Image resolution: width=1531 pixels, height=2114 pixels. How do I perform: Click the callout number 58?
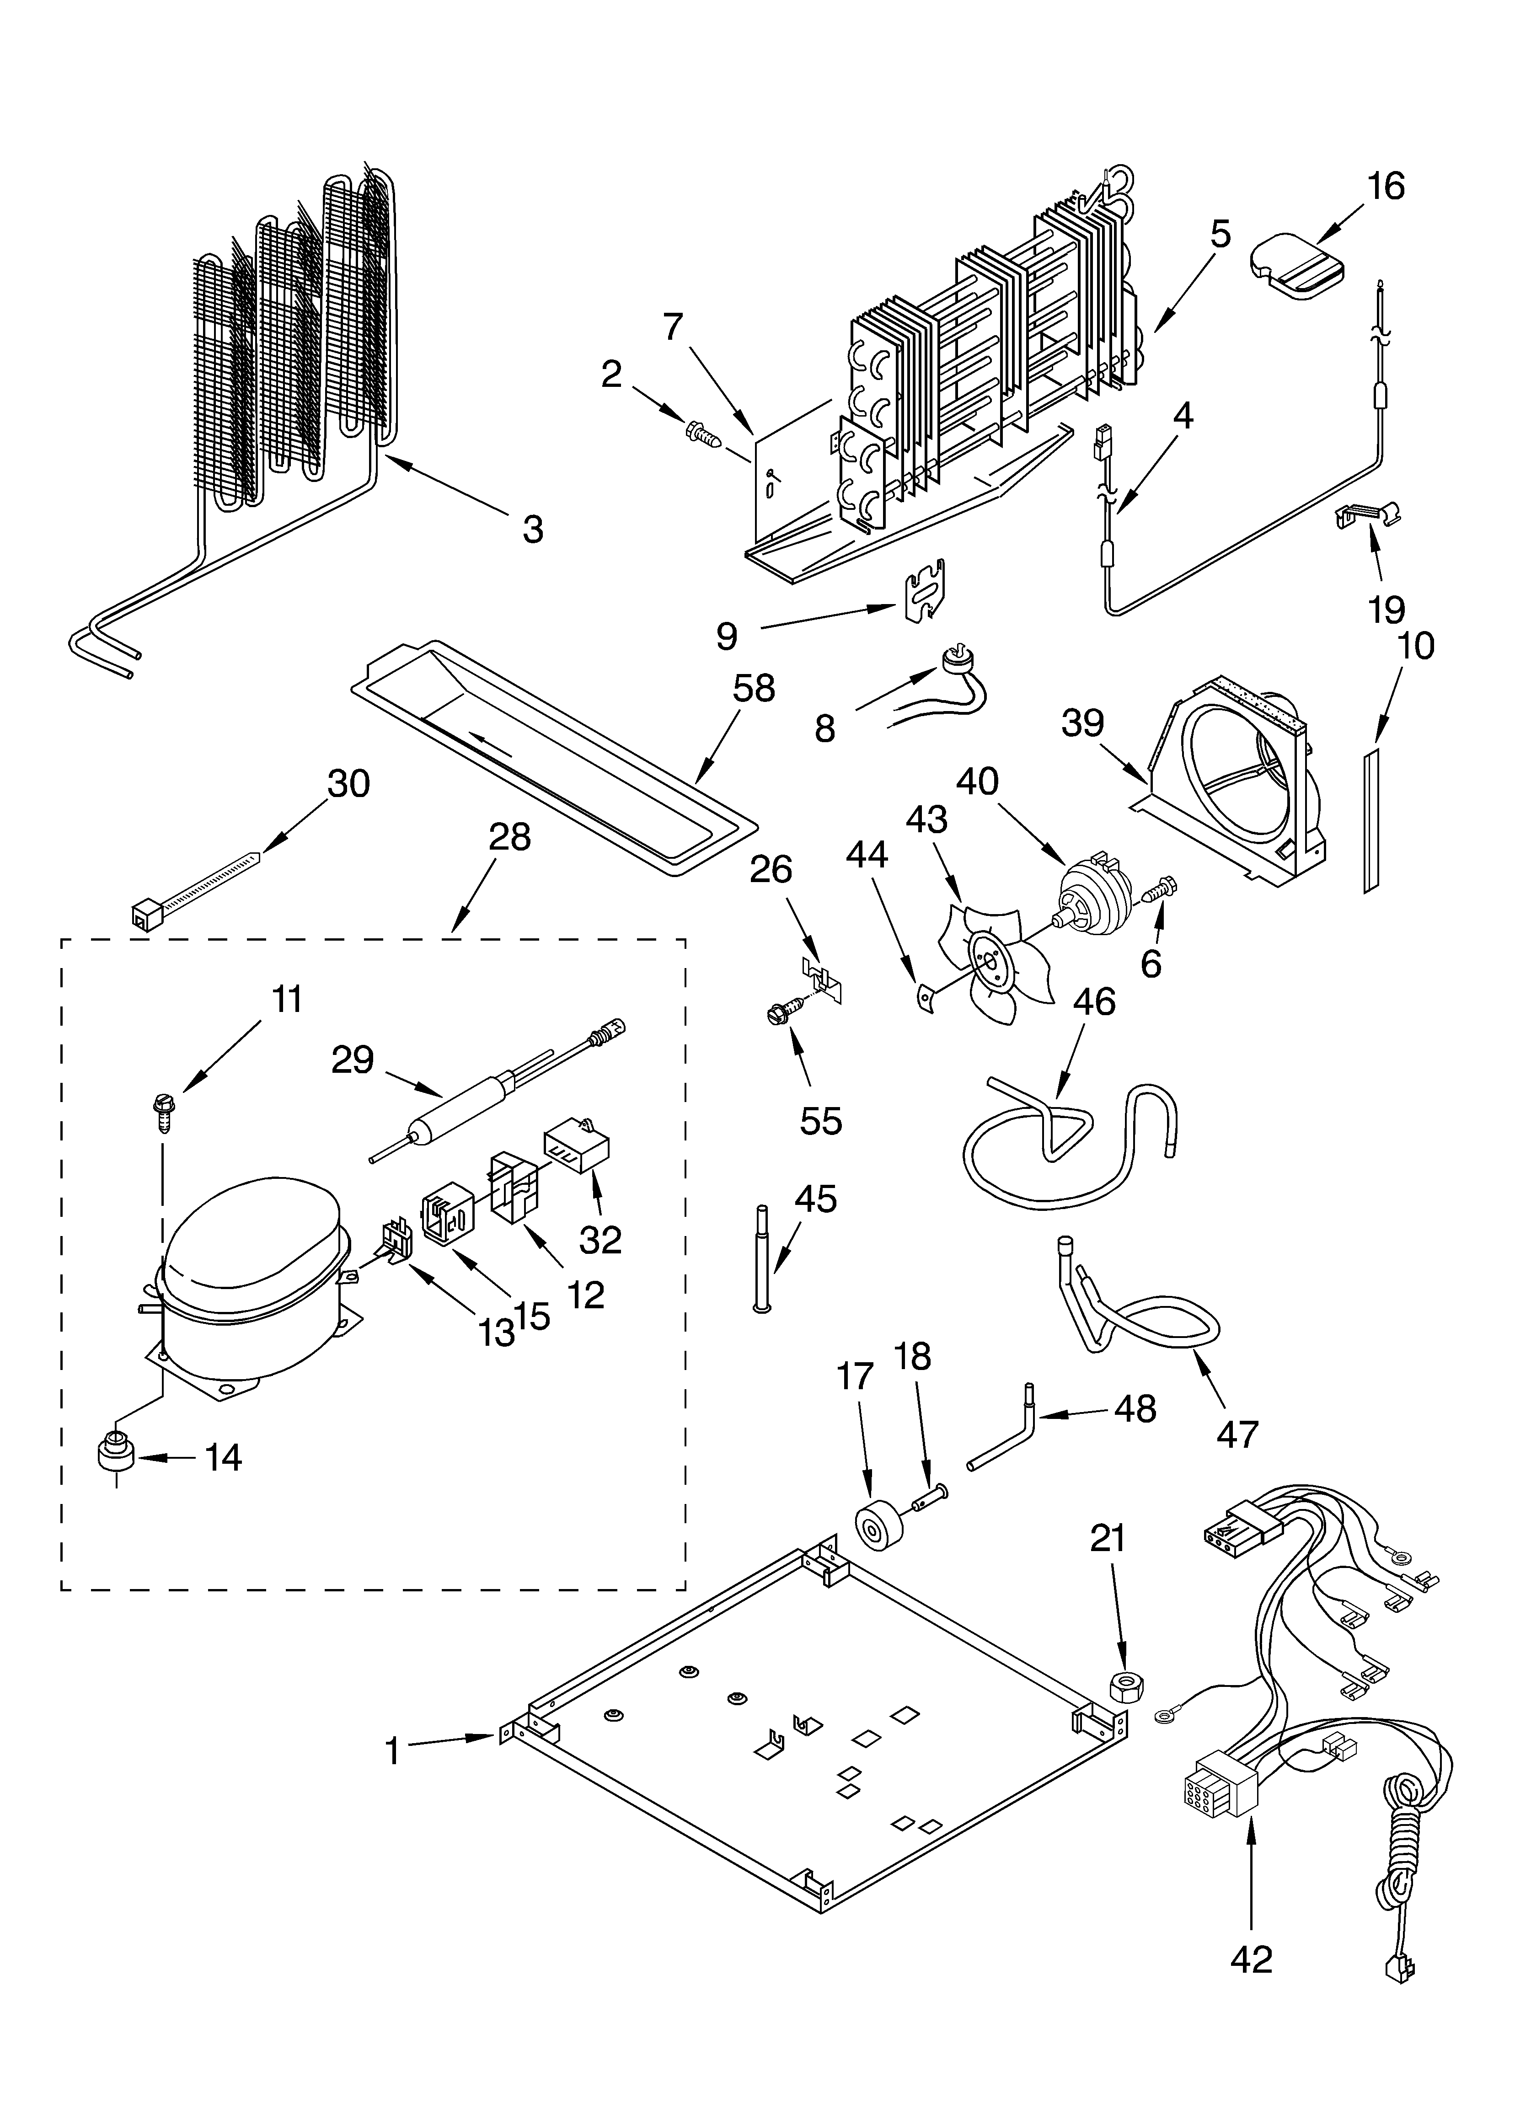coord(753,689)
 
